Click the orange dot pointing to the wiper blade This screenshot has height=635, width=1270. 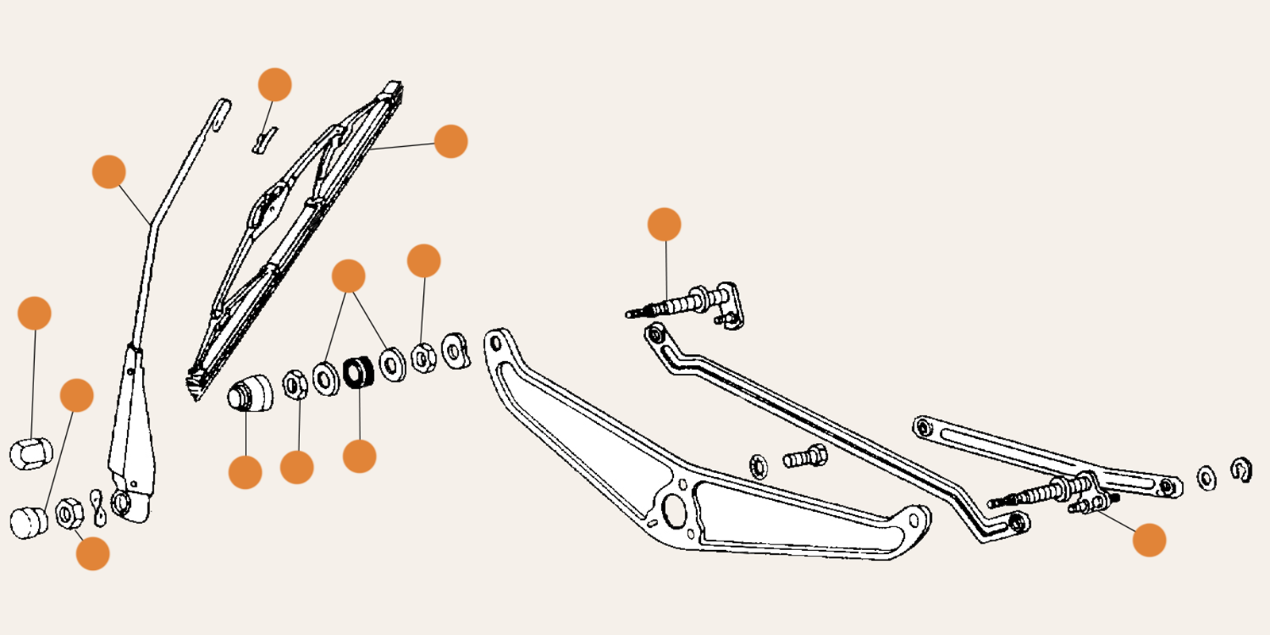click(451, 141)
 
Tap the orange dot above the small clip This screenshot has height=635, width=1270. click(275, 85)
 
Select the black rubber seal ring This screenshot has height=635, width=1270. click(358, 372)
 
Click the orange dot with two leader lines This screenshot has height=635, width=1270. click(348, 276)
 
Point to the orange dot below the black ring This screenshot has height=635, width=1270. click(359, 456)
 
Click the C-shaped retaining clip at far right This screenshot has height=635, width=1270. click(1241, 470)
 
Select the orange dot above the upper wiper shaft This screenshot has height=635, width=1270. click(664, 225)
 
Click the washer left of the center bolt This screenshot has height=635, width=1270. click(759, 466)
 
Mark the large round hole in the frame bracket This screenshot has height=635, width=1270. click(674, 512)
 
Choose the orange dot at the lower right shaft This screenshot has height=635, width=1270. click(1149, 540)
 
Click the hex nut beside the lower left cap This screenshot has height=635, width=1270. click(69, 514)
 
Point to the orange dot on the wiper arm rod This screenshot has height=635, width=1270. click(109, 172)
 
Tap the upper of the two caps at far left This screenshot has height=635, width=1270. click(31, 453)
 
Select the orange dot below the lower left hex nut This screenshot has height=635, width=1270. click(93, 553)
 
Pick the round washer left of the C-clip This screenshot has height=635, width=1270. click(1206, 478)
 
